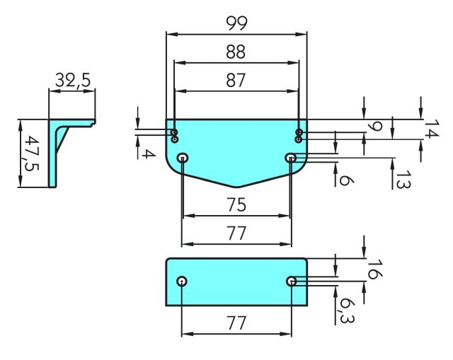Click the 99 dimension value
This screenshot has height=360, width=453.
(236, 23)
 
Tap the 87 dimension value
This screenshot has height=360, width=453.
(236, 81)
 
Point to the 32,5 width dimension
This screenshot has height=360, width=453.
(73, 81)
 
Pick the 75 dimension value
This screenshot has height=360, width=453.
(236, 205)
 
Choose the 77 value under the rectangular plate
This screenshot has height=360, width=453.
(236, 323)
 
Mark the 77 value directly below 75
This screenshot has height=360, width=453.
(236, 232)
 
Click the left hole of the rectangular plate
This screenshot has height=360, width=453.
(183, 281)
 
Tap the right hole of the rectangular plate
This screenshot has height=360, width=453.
(291, 281)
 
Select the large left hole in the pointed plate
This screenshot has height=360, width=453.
(183, 158)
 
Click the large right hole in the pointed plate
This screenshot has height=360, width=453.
(291, 158)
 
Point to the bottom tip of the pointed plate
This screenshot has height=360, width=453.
(236, 187)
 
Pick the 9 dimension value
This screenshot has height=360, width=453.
(376, 127)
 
